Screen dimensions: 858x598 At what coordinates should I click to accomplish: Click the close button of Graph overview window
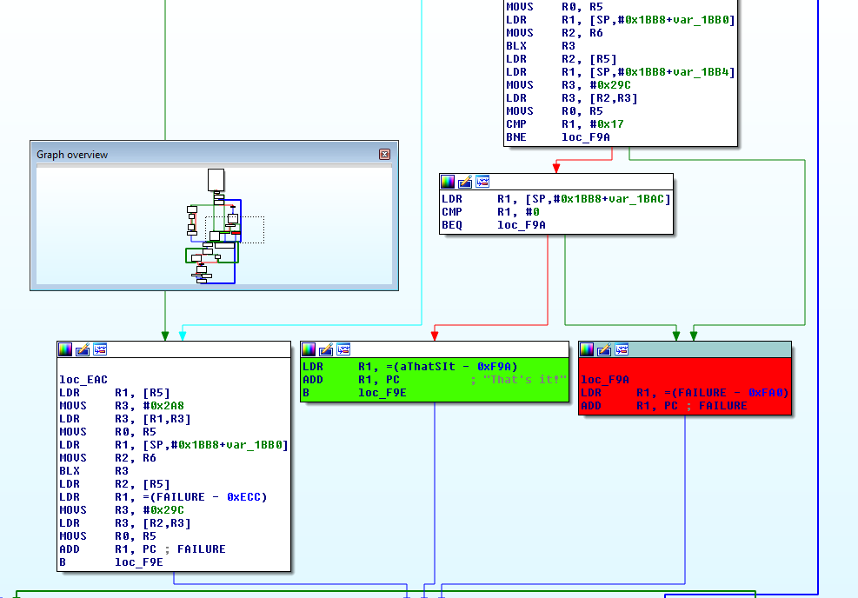[384, 155]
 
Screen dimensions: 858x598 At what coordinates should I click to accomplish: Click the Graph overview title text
[72, 155]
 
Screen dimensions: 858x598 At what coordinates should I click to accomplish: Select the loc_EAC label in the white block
[83, 380]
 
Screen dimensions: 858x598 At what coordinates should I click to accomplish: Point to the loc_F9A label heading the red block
[605, 380]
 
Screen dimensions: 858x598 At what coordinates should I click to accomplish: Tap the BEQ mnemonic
[452, 225]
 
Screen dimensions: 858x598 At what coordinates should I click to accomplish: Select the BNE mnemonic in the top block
[516, 137]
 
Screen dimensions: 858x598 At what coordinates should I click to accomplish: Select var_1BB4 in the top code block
[703, 72]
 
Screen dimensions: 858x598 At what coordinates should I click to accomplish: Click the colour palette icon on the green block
[309, 349]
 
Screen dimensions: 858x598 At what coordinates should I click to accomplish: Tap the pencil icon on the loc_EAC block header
[83, 349]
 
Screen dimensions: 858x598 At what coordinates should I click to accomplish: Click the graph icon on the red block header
[622, 349]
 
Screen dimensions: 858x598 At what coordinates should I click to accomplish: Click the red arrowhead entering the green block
[435, 336]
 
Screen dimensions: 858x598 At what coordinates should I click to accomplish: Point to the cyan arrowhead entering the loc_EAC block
[183, 336]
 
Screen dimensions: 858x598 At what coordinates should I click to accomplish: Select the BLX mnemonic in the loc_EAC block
[70, 471]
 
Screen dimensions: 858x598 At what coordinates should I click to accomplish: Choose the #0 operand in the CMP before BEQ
[536, 212]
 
